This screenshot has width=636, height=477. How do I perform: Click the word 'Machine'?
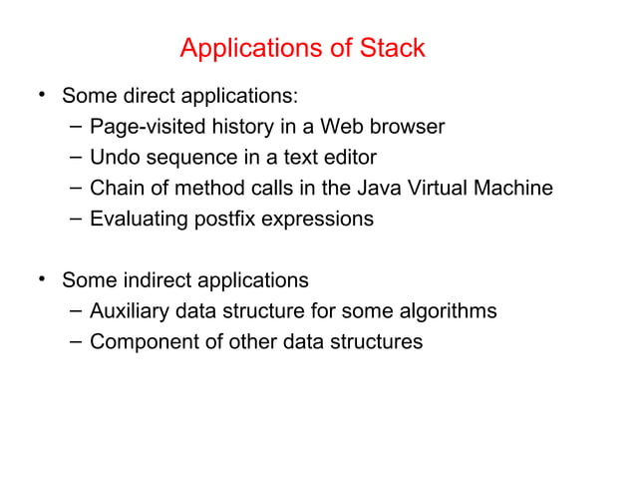pyautogui.click(x=512, y=189)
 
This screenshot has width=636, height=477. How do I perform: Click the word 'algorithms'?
pyautogui.click(x=446, y=311)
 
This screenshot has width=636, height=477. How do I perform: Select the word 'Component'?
pyautogui.click(x=141, y=342)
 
